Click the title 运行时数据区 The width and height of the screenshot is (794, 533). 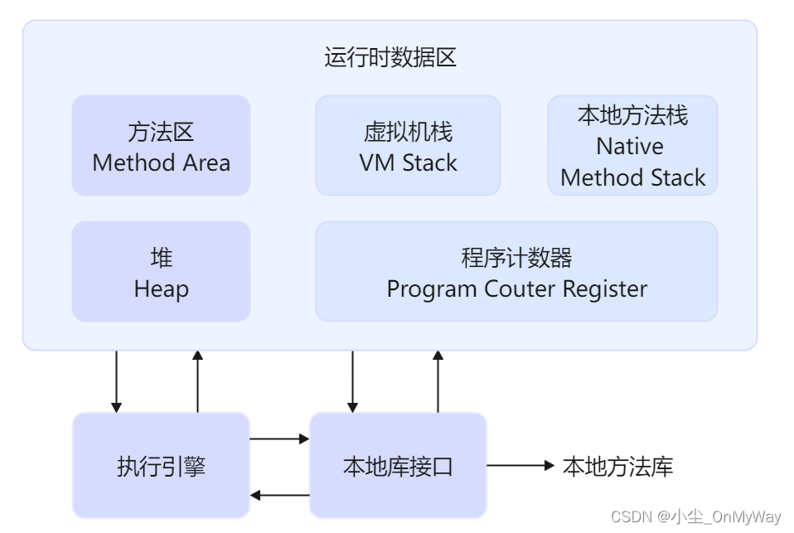click(390, 58)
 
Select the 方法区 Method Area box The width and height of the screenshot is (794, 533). click(161, 146)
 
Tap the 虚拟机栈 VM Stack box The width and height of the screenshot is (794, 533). click(408, 146)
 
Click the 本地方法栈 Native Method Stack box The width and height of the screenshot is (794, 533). click(632, 146)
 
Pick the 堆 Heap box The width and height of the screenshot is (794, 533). click(161, 271)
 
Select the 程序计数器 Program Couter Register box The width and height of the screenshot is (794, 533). click(516, 271)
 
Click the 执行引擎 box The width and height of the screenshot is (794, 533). click(161, 466)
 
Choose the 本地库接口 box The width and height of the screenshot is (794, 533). click(398, 466)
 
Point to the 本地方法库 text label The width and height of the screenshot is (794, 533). click(617, 466)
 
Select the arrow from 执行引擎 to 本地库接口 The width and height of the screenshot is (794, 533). click(279, 438)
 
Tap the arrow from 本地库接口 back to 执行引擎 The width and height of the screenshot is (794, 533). click(279, 495)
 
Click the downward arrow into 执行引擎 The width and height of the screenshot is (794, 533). click(116, 381)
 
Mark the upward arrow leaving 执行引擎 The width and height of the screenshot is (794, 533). click(197, 381)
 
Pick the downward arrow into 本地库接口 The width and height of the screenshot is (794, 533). click(353, 381)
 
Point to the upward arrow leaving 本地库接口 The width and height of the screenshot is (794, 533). click(438, 381)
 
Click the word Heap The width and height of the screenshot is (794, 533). click(161, 289)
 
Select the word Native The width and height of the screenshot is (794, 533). click(630, 147)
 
